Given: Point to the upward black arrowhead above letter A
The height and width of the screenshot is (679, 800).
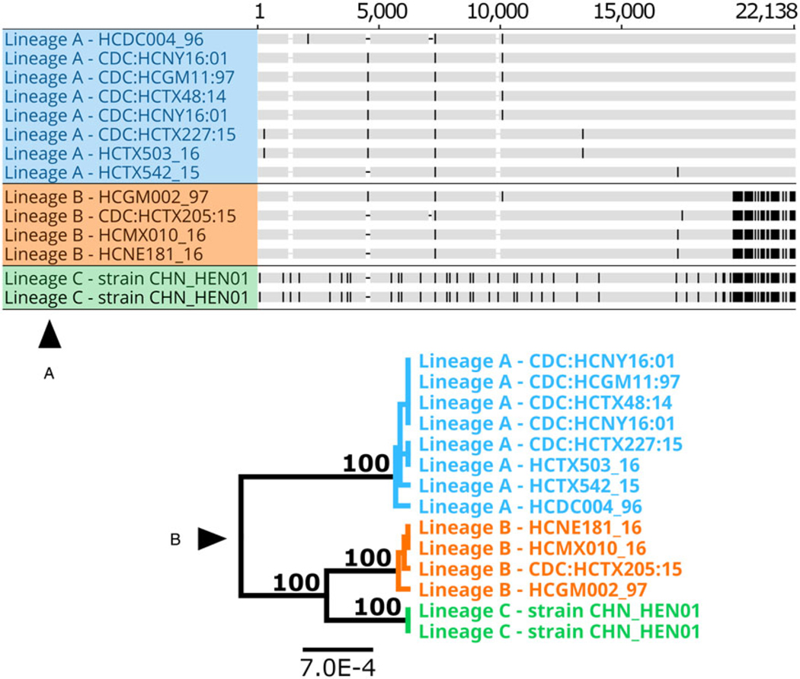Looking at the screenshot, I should [x=50, y=335].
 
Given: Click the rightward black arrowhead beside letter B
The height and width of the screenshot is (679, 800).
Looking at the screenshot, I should [x=213, y=539].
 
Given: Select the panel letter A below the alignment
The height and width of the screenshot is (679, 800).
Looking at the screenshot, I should [x=50, y=373].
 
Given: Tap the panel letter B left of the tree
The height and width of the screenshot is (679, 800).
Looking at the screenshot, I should [x=175, y=540].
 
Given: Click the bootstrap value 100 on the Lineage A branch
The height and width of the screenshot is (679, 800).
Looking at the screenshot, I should [x=364, y=463].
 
